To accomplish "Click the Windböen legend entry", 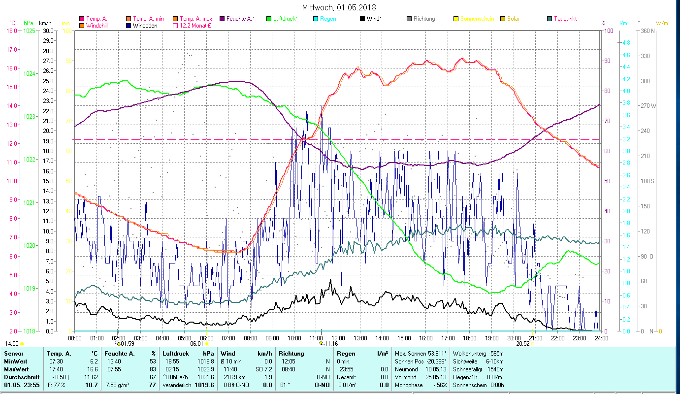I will [x=145, y=25].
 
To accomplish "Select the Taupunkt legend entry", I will [x=565, y=19].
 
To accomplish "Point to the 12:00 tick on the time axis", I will [x=338, y=338].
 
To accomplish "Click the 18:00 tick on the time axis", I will [x=469, y=338].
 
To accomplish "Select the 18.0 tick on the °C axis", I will [x=12, y=31].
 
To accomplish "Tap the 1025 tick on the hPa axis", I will [x=29, y=31].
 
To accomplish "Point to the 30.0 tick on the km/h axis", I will [x=48, y=31].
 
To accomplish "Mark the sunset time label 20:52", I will [x=522, y=344].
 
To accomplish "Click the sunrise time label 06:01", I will [x=196, y=344].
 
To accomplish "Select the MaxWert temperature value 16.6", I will [x=92, y=369].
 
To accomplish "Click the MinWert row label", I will [x=16, y=361].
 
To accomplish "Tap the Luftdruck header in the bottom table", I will [x=175, y=354].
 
